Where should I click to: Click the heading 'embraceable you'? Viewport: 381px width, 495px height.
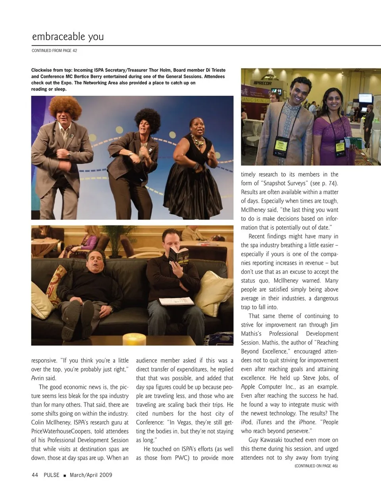pos(68,37)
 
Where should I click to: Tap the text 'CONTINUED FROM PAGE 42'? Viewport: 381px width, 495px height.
pos(54,51)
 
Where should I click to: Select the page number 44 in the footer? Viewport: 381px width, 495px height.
pos(35,475)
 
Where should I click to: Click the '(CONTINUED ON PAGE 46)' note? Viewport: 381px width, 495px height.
pos(316,466)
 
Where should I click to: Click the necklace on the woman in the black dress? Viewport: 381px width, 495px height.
pos(197,140)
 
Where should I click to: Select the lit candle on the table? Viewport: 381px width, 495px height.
pos(134,339)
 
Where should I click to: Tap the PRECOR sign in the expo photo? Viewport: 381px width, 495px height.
pos(263,83)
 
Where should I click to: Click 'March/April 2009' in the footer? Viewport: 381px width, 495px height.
pos(91,475)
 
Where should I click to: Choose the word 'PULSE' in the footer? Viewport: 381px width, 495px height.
pos(52,475)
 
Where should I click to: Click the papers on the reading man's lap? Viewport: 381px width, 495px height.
pos(177,301)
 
